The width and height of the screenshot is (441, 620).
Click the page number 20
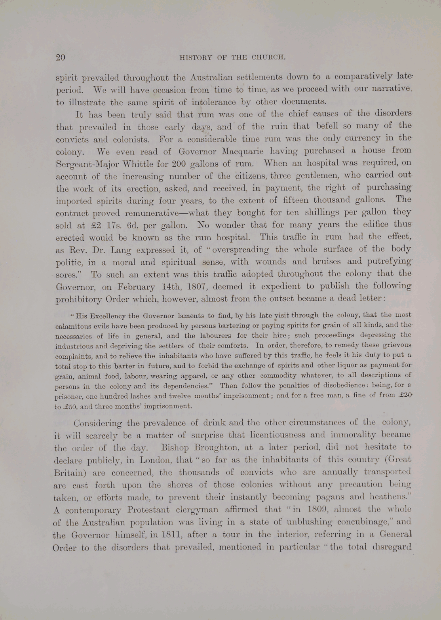(61, 57)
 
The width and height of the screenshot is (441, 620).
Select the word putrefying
(390, 262)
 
